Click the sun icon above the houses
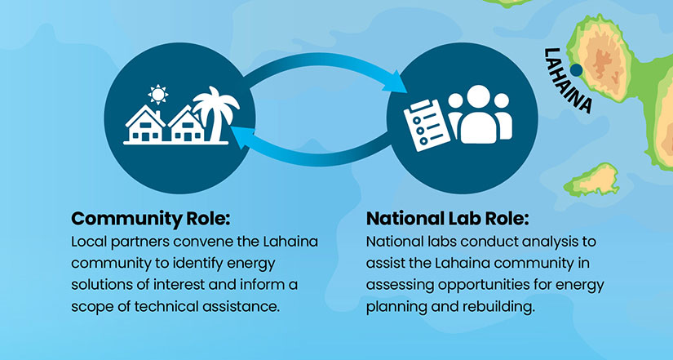(x=158, y=94)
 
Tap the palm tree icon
(x=216, y=113)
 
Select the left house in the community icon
(x=144, y=124)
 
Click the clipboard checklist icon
(x=426, y=126)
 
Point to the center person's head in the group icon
(x=478, y=96)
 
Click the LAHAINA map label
(x=568, y=80)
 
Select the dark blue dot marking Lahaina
(x=576, y=70)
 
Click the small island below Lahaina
(x=592, y=180)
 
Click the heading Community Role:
(x=150, y=219)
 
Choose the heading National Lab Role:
(x=447, y=219)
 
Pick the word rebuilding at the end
(x=498, y=307)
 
